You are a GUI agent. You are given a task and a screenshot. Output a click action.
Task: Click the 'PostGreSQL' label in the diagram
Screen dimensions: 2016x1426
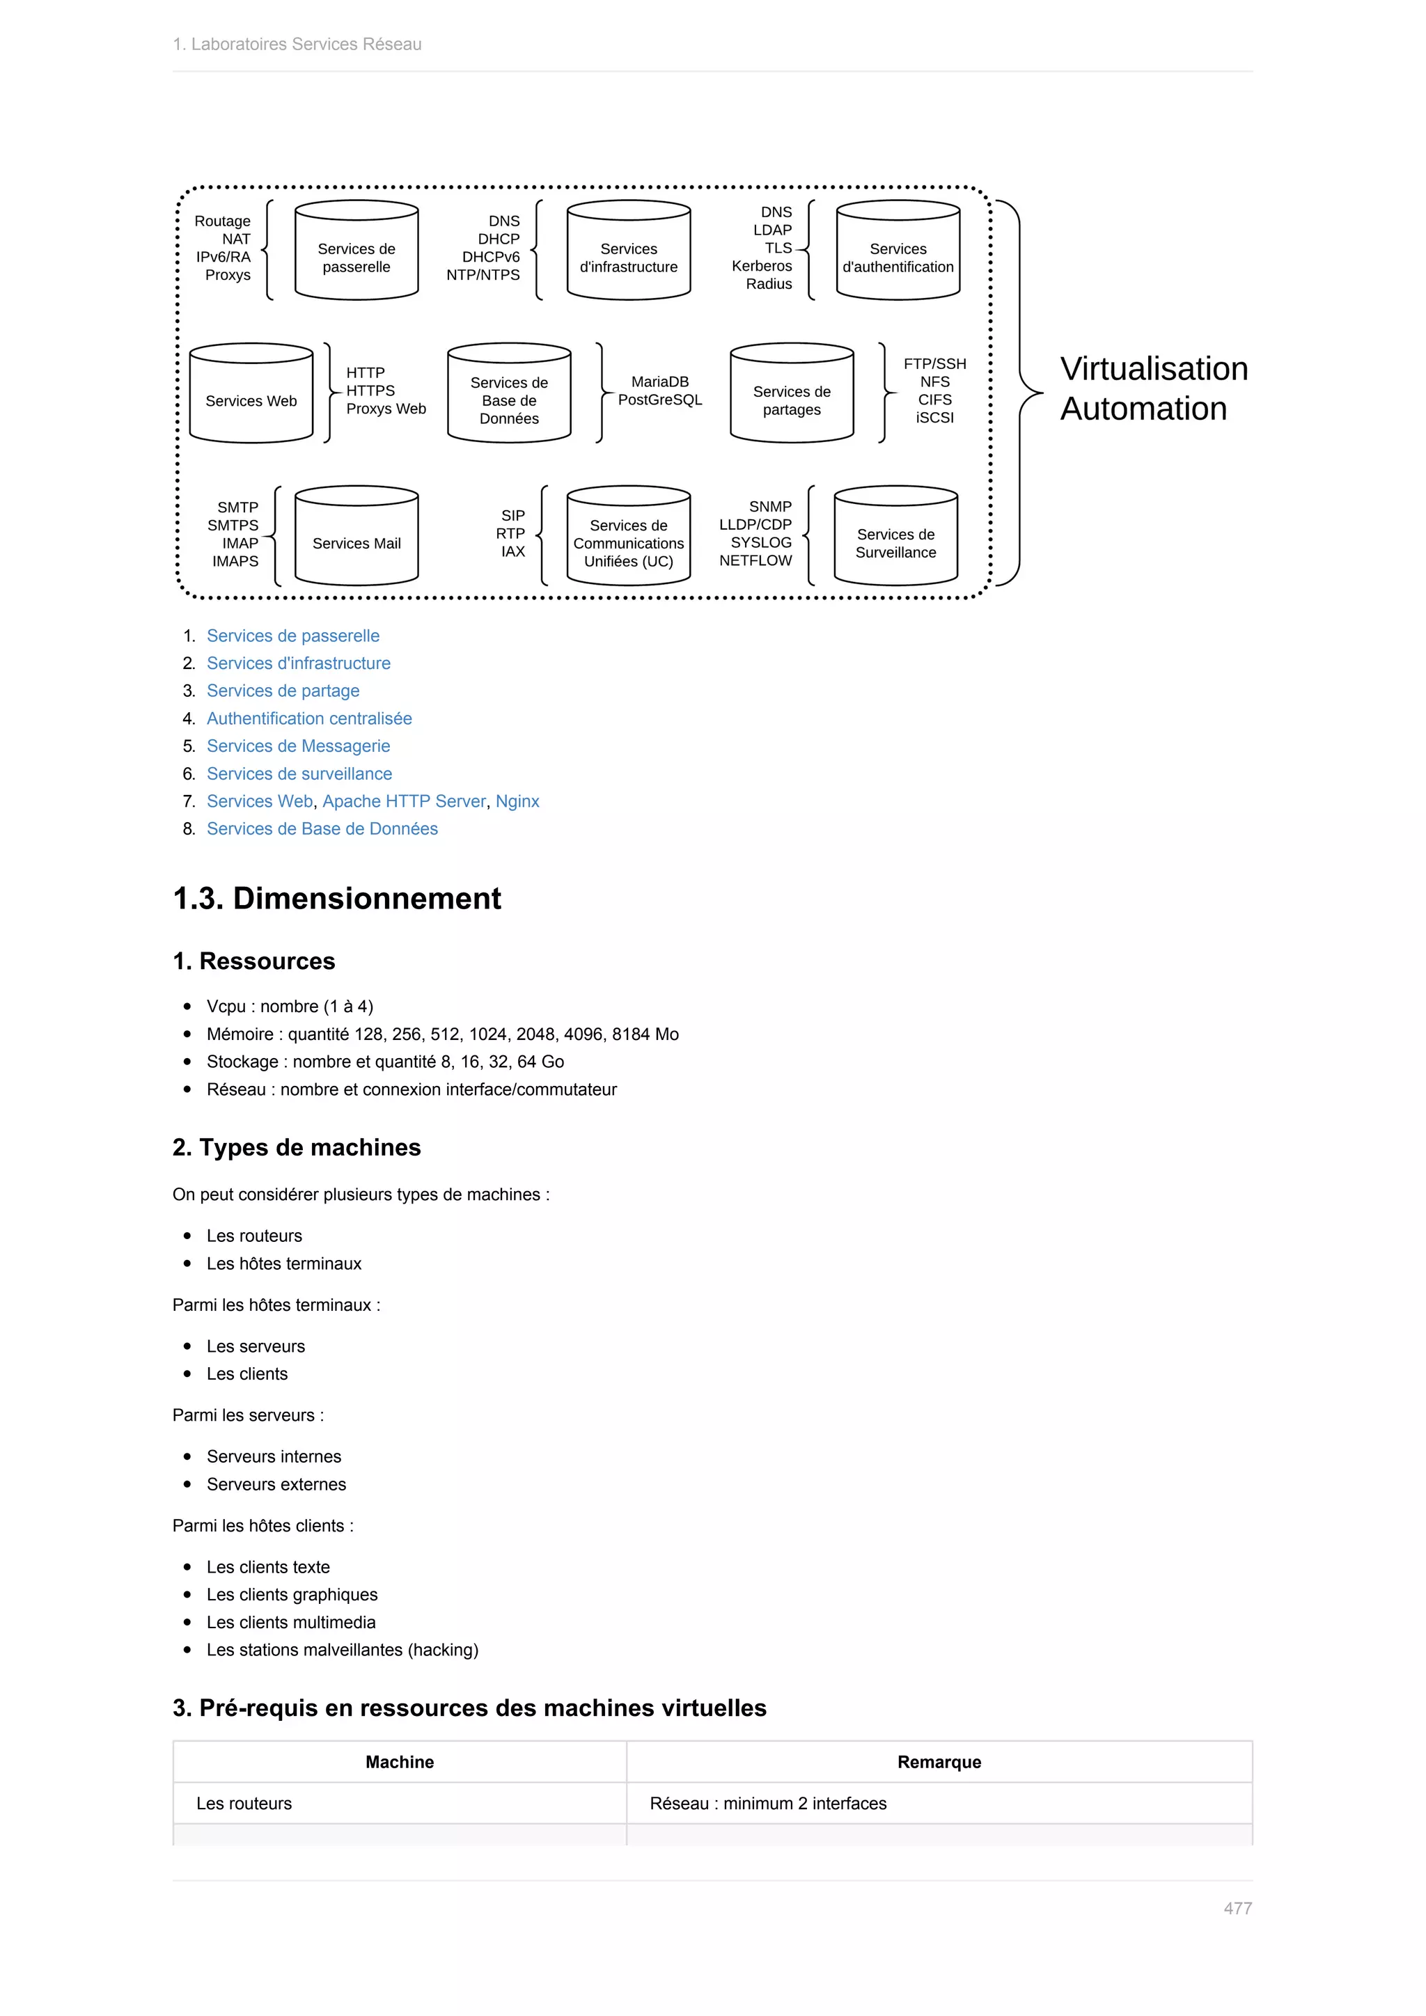pos(660,400)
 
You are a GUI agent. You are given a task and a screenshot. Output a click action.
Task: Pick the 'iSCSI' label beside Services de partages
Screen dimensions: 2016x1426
pos(934,418)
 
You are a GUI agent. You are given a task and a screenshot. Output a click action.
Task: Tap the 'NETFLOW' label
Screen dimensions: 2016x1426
pos(755,561)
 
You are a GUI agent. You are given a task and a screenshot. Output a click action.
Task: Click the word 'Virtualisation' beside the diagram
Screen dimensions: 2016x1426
pos(1154,369)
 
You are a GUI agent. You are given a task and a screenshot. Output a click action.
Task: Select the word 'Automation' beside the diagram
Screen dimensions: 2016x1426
pos(1143,409)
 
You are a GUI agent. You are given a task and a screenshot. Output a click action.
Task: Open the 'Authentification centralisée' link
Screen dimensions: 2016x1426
pos(309,718)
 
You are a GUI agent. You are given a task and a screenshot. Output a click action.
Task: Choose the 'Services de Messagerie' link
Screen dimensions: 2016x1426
pos(299,746)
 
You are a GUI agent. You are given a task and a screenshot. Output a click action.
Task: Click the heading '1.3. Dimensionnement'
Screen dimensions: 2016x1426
pos(337,898)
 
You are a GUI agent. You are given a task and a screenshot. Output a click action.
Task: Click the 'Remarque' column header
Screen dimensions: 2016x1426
pos(939,1761)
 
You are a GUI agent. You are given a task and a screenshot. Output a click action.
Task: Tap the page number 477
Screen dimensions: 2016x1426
pos(1237,1908)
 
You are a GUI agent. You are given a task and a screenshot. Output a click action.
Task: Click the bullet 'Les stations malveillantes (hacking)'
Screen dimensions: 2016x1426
pos(343,1650)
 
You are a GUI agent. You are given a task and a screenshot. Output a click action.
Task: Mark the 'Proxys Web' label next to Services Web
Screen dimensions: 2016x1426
pos(386,409)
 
